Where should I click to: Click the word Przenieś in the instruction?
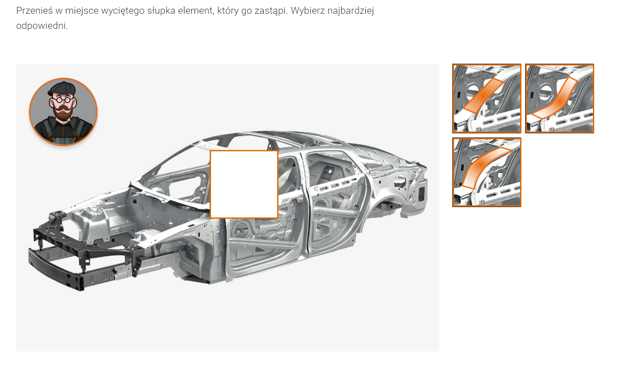pos(35,11)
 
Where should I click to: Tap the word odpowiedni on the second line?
pos(42,26)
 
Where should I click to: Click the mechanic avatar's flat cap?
pos(62,88)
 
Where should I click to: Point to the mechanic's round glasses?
pos(62,100)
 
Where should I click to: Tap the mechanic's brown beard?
pos(63,113)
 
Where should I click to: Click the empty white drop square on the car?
pos(244,184)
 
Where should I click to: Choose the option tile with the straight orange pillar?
pos(487,99)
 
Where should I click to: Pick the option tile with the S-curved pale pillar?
pos(559,99)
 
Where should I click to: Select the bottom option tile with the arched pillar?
pos(487,172)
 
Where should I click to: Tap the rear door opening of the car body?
pos(334,200)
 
